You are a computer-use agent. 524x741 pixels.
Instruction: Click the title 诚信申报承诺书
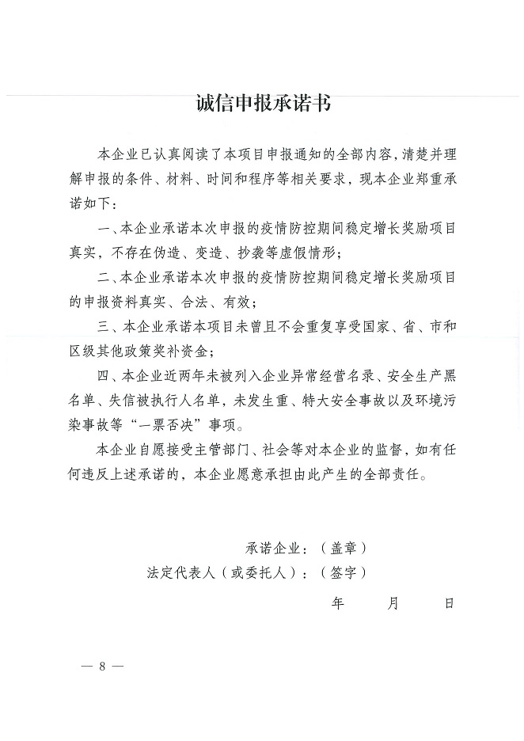[262, 104]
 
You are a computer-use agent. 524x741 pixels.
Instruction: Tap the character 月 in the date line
[393, 603]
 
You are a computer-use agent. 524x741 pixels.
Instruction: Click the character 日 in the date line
[450, 603]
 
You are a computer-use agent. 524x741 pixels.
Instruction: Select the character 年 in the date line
[338, 603]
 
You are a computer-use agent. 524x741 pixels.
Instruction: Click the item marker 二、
[106, 278]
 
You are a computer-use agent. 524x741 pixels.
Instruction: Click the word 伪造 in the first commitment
[173, 253]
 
